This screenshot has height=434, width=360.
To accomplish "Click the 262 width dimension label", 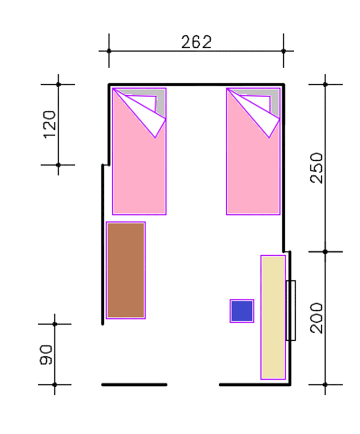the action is point(196,42).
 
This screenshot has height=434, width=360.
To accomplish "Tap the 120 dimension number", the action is point(50,125).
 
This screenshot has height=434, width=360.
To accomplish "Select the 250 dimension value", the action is point(317,168).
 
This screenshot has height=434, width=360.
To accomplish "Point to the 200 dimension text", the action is point(317,318).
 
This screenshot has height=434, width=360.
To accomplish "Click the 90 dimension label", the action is point(46,354).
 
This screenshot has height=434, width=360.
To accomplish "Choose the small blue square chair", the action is point(242,311).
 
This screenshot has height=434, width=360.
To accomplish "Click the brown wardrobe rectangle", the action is point(126,270).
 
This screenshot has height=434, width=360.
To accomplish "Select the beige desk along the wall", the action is point(273,317).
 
